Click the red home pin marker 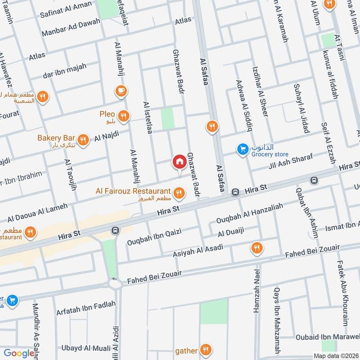click(x=179, y=162)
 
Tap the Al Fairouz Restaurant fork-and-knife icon click(x=179, y=193)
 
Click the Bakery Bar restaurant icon click(x=82, y=140)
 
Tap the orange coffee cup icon click(x=121, y=91)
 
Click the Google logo click(x=19, y=353)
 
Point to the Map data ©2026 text click(x=336, y=356)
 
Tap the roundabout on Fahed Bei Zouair click(x=115, y=284)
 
